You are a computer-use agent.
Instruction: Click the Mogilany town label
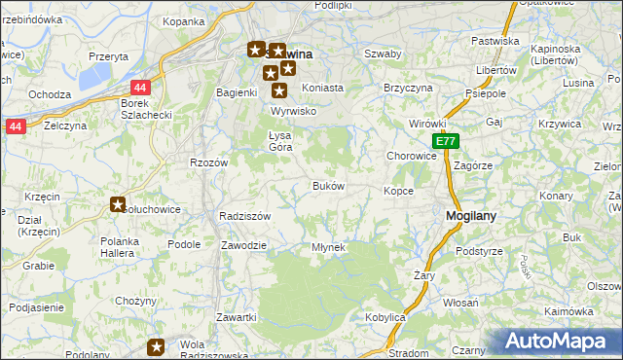pos(473,217)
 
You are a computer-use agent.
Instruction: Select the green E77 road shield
pos(445,142)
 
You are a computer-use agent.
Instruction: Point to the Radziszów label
pos(244,216)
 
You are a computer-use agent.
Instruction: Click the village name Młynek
pos(328,247)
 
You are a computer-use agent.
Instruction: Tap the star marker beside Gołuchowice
pos(118,205)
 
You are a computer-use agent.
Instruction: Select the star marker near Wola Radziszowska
pos(157,345)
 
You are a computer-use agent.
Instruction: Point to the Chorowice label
pos(411,156)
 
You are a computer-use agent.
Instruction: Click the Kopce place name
pos(399,191)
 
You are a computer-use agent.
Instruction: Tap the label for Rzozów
pos(208,162)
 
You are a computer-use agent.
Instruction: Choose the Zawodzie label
pos(243,245)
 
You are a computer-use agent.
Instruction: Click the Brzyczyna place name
pos(408,87)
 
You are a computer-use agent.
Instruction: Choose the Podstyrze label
pos(479,251)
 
